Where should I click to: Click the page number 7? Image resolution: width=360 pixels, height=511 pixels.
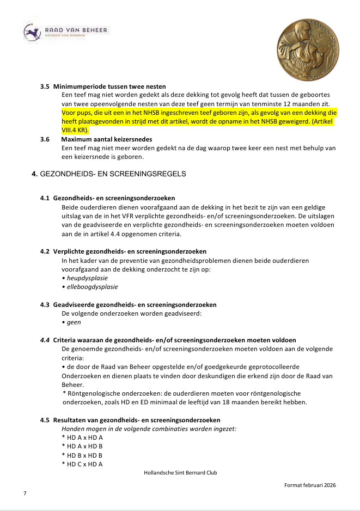point(25,493)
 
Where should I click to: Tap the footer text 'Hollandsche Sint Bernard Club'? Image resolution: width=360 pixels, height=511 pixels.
point(180,472)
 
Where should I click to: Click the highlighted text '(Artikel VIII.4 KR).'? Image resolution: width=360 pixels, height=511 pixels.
point(76,131)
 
